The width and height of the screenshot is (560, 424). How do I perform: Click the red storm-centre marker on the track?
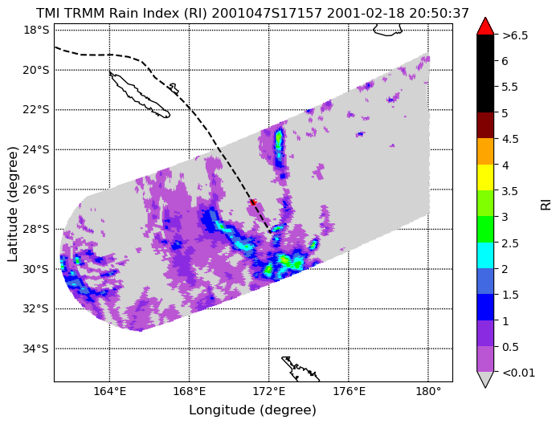[253, 202]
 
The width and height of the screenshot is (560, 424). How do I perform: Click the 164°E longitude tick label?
[109, 392]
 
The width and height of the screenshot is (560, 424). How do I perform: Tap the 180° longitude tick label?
[428, 392]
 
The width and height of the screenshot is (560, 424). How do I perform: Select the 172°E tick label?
[269, 392]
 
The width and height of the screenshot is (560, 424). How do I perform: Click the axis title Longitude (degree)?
[253, 410]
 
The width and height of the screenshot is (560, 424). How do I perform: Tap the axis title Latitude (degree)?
[12, 203]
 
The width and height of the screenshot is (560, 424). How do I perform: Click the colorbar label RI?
[546, 205]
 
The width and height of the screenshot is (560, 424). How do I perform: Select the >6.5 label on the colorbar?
[515, 35]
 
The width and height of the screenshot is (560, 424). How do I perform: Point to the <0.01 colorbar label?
[518, 373]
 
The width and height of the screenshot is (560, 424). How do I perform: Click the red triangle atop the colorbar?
[485, 26]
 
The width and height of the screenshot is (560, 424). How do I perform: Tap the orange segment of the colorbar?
[485, 151]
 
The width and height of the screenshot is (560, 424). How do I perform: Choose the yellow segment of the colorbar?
[485, 177]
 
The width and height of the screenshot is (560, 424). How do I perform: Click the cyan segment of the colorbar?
[485, 255]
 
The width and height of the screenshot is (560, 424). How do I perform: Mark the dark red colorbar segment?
[485, 125]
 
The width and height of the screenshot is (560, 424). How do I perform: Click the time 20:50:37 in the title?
[439, 13]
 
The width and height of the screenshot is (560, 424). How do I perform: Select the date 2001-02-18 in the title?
[366, 13]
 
